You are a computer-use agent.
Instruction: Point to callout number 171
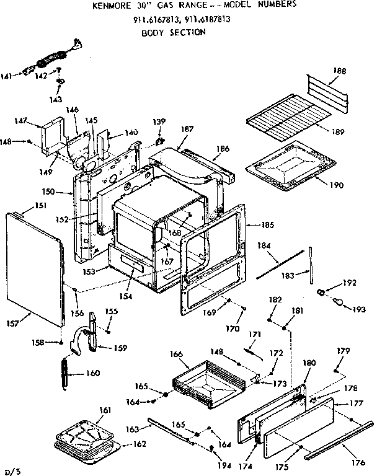[254, 335]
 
